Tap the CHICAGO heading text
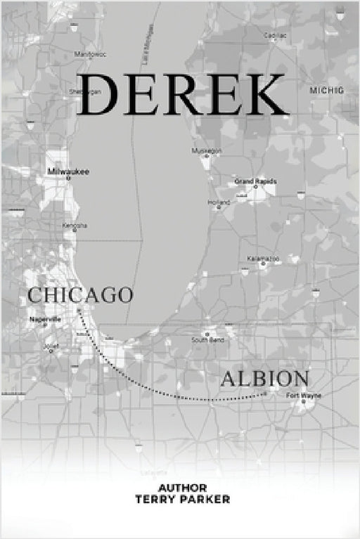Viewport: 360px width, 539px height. pos(80,294)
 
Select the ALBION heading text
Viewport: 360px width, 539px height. pos(265,379)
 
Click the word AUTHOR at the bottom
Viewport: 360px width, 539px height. pos(182,488)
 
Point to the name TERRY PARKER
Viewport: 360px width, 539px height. pos(182,499)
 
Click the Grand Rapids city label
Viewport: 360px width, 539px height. pos(255,181)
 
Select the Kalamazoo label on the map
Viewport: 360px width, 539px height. pos(263,259)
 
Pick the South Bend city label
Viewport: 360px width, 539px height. pos(207,340)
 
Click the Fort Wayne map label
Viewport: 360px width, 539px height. pos(304,396)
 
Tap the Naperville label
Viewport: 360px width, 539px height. pos(46,319)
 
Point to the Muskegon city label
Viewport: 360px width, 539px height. pos(206,150)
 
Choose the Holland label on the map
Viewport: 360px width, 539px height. pos(218,202)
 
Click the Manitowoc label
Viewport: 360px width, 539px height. pos(89,53)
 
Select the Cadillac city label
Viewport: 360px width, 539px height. pos(275,34)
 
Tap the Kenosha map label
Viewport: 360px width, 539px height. pos(75,226)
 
